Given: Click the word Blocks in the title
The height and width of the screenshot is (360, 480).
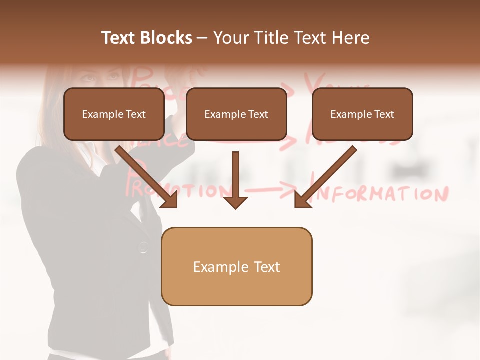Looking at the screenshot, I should (166, 38).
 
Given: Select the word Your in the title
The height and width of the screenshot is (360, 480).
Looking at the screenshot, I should (229, 38).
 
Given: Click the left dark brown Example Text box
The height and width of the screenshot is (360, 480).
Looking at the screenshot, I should (114, 114).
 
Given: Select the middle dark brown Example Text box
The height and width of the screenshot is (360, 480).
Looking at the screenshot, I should (236, 114).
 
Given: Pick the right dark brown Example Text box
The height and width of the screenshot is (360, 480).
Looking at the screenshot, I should (362, 114).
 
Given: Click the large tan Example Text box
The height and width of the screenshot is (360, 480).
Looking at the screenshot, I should (236, 267).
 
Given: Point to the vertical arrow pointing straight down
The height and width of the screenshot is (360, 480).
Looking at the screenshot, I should (235, 180).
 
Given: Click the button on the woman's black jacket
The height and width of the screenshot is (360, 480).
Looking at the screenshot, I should (143, 246).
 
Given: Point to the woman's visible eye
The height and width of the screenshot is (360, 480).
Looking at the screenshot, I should (88, 78).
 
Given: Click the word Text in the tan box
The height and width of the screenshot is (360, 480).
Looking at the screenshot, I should (267, 267).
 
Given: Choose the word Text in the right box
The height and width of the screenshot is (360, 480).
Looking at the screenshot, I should (384, 114).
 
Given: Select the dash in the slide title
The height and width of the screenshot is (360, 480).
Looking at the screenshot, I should (202, 38).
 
